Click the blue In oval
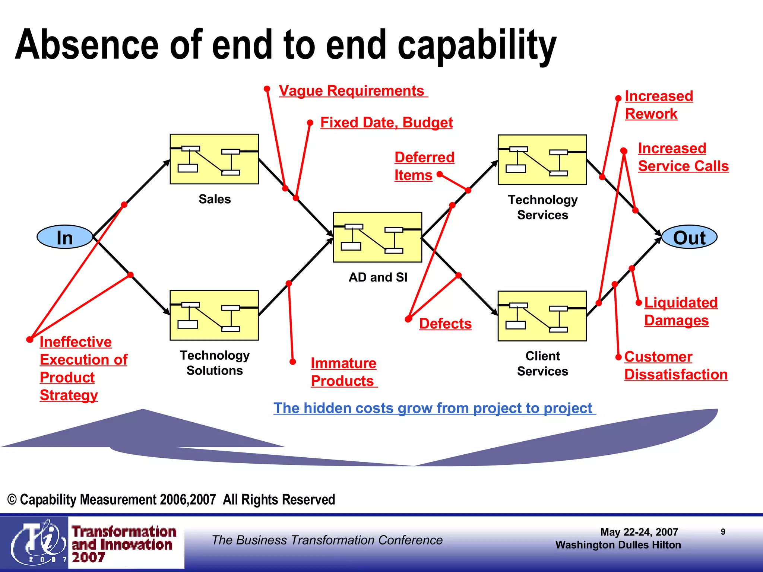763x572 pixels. coord(65,237)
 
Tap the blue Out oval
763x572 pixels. coord(689,237)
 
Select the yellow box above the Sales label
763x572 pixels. coord(214,159)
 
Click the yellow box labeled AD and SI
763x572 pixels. coord(377,237)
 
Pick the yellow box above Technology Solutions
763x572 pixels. coord(214,315)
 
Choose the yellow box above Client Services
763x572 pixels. coord(542,316)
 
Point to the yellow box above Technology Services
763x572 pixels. coord(542,159)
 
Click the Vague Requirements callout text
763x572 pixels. coord(352,91)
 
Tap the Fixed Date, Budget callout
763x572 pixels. coord(386,123)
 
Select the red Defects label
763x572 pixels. coord(445,324)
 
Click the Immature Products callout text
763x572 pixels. coord(343,372)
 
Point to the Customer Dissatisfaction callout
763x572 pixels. coord(675,366)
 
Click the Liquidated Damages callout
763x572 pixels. coord(680,311)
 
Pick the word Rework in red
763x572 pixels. coord(651,114)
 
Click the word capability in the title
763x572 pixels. coord(477,45)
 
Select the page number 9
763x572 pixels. coord(723,532)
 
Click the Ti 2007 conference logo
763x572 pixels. coord(37,543)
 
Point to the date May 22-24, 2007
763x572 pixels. coord(639,532)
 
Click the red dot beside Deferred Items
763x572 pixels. coord(440,174)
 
